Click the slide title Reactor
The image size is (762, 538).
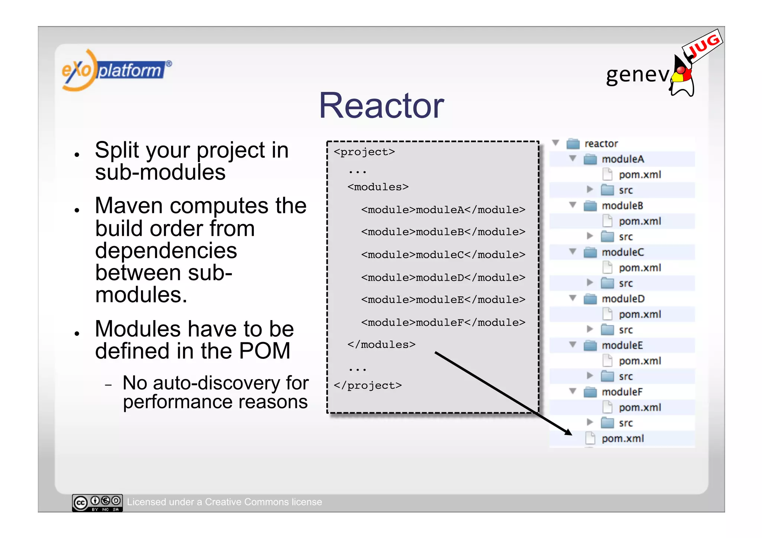click(381, 106)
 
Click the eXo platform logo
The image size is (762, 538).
click(115, 70)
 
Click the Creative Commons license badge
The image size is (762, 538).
click(97, 503)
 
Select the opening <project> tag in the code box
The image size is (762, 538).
click(364, 152)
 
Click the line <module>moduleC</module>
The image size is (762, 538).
click(443, 255)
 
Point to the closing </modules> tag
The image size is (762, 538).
click(381, 345)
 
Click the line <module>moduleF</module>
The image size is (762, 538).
click(443, 322)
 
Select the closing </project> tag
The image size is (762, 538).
click(368, 386)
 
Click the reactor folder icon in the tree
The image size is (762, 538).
click(573, 144)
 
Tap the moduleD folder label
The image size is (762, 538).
click(623, 299)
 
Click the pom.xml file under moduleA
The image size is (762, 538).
click(640, 175)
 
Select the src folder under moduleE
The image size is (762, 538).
click(625, 377)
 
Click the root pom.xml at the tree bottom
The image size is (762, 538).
click(622, 439)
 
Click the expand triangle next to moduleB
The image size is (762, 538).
click(573, 205)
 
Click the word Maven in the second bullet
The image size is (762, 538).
click(128, 206)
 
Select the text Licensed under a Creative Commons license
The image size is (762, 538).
click(224, 502)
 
